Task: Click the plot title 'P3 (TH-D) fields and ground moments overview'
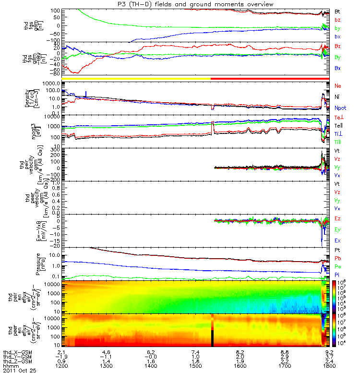(198, 4)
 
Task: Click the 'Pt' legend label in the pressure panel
(337, 250)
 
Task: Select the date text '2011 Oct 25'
(19, 371)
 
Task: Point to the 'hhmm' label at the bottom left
(10, 366)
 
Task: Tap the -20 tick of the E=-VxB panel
(53, 246)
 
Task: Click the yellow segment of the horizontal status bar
(134, 78)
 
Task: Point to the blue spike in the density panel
(86, 94)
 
